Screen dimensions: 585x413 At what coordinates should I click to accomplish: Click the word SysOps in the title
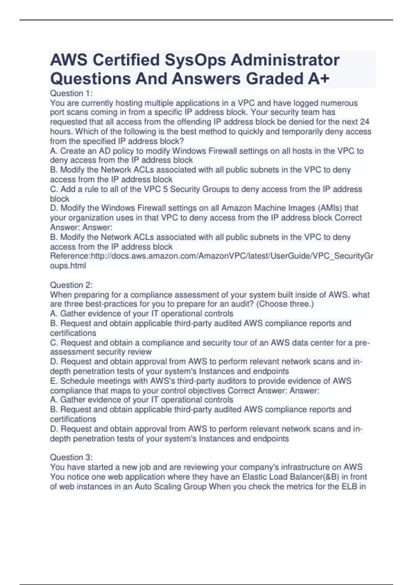pos(195,60)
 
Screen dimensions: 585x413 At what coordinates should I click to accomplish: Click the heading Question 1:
pos(71,93)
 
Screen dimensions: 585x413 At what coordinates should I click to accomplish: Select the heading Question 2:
pos(71,285)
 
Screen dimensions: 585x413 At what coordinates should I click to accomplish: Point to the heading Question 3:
pos(71,457)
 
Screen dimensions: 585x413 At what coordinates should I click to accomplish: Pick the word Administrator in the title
pos(285,60)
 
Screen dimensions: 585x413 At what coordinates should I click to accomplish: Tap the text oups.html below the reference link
pos(68,266)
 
